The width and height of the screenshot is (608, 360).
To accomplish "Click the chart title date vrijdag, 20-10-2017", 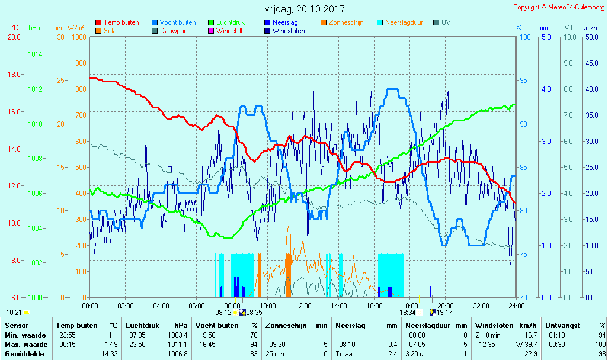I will pos(304,9).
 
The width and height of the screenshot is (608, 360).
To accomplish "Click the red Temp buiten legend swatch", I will pos(98,22).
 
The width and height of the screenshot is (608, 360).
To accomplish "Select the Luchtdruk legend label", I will pos(231,22).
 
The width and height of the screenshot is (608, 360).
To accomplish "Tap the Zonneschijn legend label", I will pos(345,22).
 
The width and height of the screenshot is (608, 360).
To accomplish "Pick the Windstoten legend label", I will pos(289,31).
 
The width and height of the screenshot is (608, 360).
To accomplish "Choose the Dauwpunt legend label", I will pos(175,31).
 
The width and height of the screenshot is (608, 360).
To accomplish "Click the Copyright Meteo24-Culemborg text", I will pos(559,7).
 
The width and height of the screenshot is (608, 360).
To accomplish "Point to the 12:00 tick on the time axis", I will pos(303,306).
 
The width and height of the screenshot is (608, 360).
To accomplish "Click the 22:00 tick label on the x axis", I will pos(481,306).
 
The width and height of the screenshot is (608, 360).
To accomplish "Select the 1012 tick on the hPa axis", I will pos(35,89).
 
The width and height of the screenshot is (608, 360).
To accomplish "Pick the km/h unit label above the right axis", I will pos(590,28).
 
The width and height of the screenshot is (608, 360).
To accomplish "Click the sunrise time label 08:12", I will pos(223,312).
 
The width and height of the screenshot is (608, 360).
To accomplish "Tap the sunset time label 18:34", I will pos(407,312).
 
